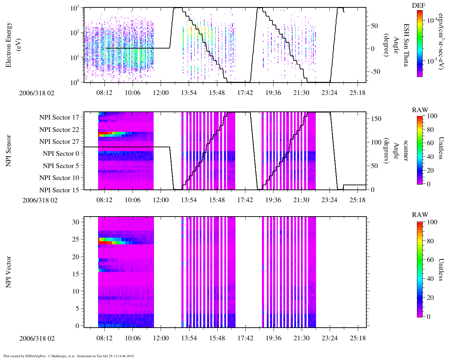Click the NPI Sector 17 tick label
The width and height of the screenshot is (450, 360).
coord(59,117)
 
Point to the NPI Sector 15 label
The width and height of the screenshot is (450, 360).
coord(59,190)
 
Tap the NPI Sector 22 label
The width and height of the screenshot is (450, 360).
coord(59,130)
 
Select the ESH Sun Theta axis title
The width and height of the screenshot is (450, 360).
coord(406,45)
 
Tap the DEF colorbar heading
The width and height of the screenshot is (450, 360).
coord(418,6)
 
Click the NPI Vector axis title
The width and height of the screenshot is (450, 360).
coord(8,272)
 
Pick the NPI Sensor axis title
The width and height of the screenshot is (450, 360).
coord(8,151)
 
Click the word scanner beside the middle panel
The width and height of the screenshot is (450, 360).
coord(406,151)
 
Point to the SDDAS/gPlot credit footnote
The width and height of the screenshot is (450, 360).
coord(69,356)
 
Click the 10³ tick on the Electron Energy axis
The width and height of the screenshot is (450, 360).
coord(75,8)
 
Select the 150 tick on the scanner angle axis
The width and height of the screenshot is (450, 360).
coord(376,119)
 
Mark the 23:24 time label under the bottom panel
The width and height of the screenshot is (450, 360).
coord(329,338)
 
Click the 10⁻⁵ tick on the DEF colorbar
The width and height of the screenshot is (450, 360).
coord(432,61)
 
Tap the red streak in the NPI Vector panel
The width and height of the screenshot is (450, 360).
coord(105,243)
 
